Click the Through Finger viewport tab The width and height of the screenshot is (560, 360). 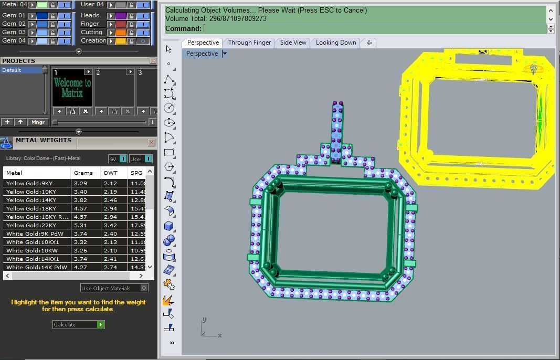coord(249,43)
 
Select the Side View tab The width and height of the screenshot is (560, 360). coord(293,43)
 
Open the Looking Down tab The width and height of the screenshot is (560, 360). coord(336,43)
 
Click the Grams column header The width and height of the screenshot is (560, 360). coord(83,173)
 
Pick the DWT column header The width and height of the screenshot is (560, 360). coord(111,173)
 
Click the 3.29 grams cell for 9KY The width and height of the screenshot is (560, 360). coord(81,183)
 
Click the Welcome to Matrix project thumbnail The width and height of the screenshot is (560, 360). coord(72,88)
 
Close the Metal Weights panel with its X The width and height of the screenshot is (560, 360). coord(151,142)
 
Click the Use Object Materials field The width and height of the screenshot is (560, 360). coord(110,288)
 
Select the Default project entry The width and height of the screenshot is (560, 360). coord(21,70)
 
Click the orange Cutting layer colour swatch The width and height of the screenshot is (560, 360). coord(121,32)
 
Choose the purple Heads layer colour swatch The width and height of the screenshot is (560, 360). coord(121,16)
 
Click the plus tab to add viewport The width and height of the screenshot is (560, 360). coord(369,43)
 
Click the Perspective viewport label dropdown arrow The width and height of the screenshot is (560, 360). coord(225,54)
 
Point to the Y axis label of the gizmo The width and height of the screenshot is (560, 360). coord(204,319)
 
